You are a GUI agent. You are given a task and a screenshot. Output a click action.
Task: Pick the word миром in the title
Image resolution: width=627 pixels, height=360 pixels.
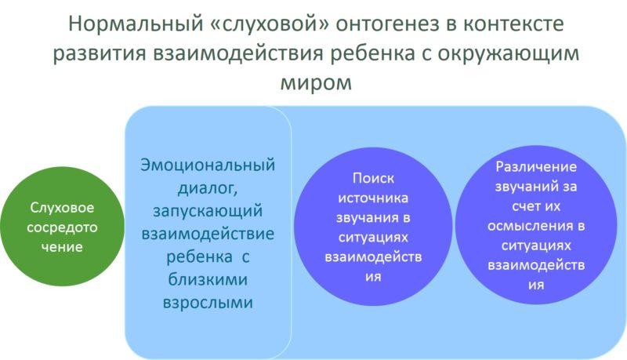(x=313, y=82)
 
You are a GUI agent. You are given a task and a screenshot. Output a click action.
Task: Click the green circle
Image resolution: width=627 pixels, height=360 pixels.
(x=62, y=227)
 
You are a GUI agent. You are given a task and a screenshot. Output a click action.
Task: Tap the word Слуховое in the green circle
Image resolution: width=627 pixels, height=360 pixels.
(x=63, y=209)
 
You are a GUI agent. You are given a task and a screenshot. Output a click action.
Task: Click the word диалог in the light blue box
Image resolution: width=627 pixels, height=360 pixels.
(x=206, y=188)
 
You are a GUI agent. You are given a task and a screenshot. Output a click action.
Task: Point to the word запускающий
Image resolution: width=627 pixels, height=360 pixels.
(x=208, y=211)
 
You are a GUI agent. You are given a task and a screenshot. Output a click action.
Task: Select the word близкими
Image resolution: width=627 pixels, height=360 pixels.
(x=208, y=279)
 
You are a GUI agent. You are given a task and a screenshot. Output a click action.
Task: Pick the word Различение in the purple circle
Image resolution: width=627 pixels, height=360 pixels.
(x=536, y=166)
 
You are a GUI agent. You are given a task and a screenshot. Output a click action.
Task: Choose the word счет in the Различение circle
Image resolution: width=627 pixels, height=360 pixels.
(x=513, y=206)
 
